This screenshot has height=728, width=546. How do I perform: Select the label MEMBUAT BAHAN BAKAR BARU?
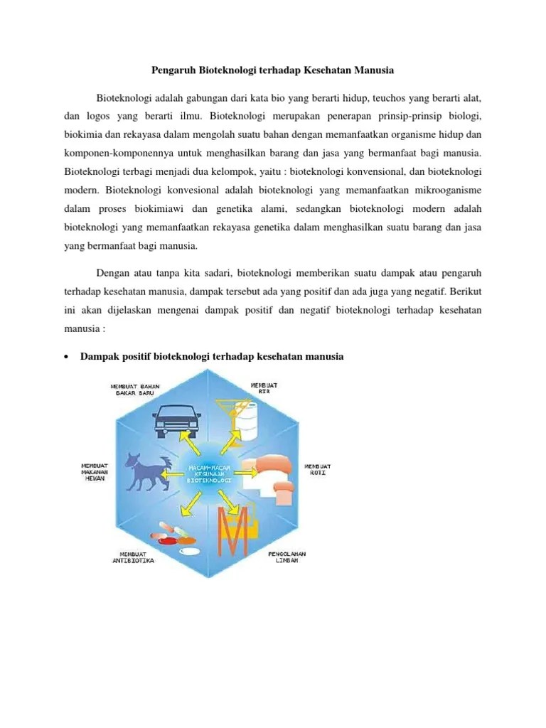[135, 390]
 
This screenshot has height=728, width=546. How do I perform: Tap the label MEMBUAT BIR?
[264, 388]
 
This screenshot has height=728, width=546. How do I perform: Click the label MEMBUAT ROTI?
[317, 471]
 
